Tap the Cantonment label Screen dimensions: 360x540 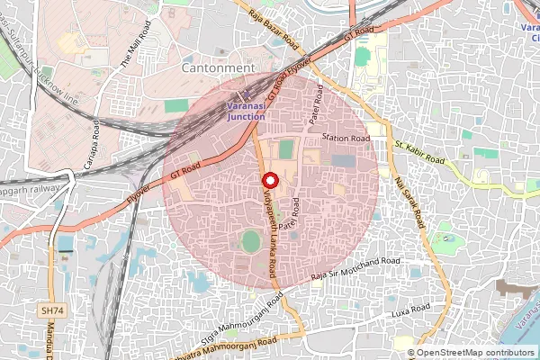tap(219, 67)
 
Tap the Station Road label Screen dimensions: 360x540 tap(346, 139)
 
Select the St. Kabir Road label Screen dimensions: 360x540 tap(419, 153)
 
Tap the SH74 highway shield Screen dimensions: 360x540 tap(53, 310)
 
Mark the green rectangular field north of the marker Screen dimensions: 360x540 tap(285, 149)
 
